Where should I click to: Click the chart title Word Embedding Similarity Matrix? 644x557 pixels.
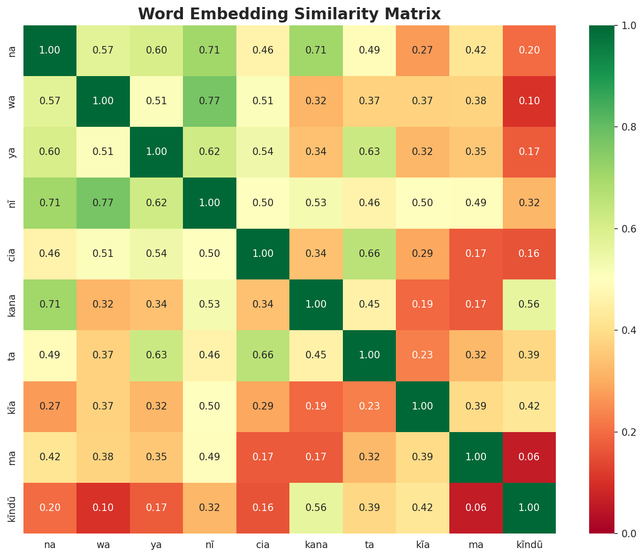pyautogui.click(x=289, y=14)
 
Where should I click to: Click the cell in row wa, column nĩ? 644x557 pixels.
pyautogui.click(x=209, y=101)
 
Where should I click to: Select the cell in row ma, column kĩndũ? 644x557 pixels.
pyautogui.click(x=529, y=457)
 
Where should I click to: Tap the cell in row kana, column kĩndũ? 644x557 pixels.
pyautogui.click(x=529, y=304)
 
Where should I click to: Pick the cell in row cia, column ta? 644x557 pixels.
pyautogui.click(x=369, y=254)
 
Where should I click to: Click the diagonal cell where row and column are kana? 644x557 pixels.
pyautogui.click(x=316, y=304)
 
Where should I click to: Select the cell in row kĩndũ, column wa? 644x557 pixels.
pyautogui.click(x=103, y=508)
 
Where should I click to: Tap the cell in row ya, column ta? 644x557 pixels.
pyautogui.click(x=369, y=152)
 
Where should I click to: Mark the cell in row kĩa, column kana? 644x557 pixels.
pyautogui.click(x=316, y=406)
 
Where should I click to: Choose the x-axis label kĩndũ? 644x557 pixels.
pyautogui.click(x=529, y=545)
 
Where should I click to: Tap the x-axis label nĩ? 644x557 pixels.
pyautogui.click(x=209, y=545)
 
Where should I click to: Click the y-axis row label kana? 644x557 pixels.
pyautogui.click(x=13, y=304)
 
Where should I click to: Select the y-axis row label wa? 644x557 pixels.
pyautogui.click(x=13, y=101)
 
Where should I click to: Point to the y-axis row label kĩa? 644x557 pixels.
pyautogui.click(x=13, y=406)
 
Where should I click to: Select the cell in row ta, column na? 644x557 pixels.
pyautogui.click(x=50, y=355)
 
